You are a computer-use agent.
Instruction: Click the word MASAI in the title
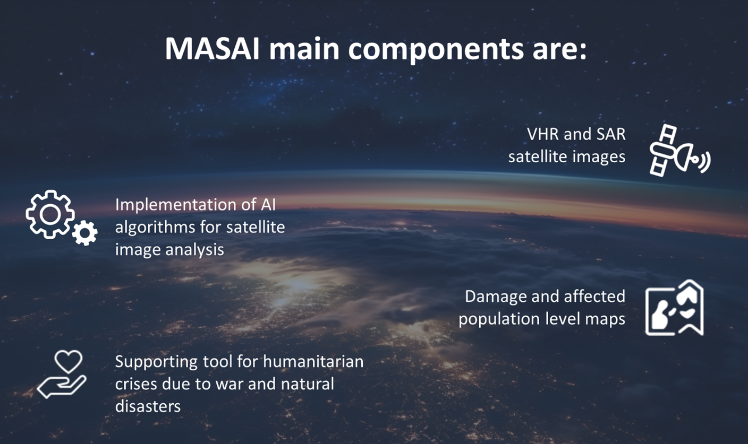click(212, 49)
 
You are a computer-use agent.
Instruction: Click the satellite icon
click(680, 150)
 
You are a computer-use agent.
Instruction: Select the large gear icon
click(50, 214)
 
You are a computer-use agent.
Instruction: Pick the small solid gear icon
click(85, 233)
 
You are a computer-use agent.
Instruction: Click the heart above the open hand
click(69, 362)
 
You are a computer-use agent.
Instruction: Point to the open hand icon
click(62, 387)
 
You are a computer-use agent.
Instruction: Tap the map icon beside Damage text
click(675, 308)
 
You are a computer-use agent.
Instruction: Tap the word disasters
click(148, 407)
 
